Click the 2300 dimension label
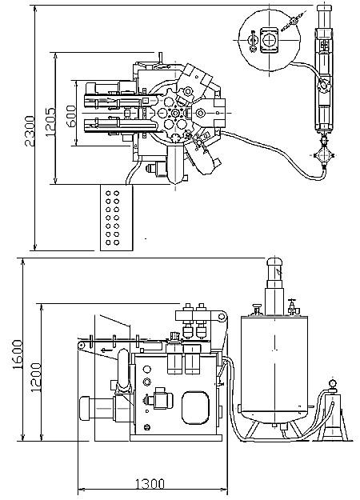(x=30, y=130)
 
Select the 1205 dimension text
(x=50, y=122)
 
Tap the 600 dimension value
(x=71, y=116)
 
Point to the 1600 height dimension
(x=18, y=354)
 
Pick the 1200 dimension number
(x=36, y=378)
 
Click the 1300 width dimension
(x=150, y=484)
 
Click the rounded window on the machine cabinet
(x=195, y=408)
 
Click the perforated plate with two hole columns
(x=116, y=218)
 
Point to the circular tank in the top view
(x=270, y=40)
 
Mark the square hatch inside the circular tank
(x=270, y=40)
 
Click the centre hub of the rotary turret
(x=174, y=114)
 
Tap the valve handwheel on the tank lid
(x=291, y=301)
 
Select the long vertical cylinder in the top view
(x=324, y=68)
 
